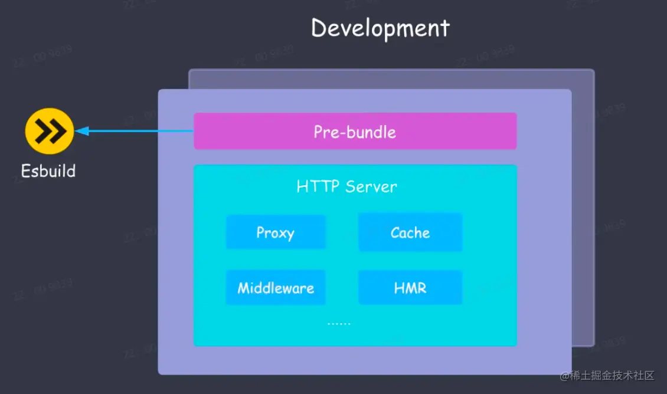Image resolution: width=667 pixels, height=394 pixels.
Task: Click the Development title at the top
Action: click(380, 28)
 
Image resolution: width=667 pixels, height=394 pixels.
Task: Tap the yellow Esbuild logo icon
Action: click(50, 131)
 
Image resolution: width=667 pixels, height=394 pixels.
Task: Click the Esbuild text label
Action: click(48, 171)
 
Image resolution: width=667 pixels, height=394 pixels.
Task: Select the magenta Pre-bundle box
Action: click(355, 131)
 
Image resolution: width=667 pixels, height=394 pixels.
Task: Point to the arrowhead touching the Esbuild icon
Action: click(81, 131)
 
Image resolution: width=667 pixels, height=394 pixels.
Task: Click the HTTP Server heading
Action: click(346, 187)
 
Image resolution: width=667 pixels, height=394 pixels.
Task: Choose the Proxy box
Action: click(275, 232)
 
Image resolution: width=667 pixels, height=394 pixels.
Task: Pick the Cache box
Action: click(410, 232)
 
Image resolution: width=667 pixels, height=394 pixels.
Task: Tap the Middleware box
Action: click(275, 288)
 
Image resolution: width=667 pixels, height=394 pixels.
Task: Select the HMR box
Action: click(410, 288)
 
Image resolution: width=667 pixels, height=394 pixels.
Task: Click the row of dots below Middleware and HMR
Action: click(339, 323)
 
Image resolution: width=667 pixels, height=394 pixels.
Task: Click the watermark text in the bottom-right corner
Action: click(607, 376)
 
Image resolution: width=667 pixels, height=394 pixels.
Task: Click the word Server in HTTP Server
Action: click(371, 187)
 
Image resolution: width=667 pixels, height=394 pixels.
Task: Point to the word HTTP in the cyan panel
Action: click(318, 187)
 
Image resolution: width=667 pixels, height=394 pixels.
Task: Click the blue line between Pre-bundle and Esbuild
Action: click(142, 131)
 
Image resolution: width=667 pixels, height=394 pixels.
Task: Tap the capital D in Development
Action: click(320, 28)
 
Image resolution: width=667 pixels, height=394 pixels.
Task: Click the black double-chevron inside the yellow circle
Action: click(50, 131)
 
